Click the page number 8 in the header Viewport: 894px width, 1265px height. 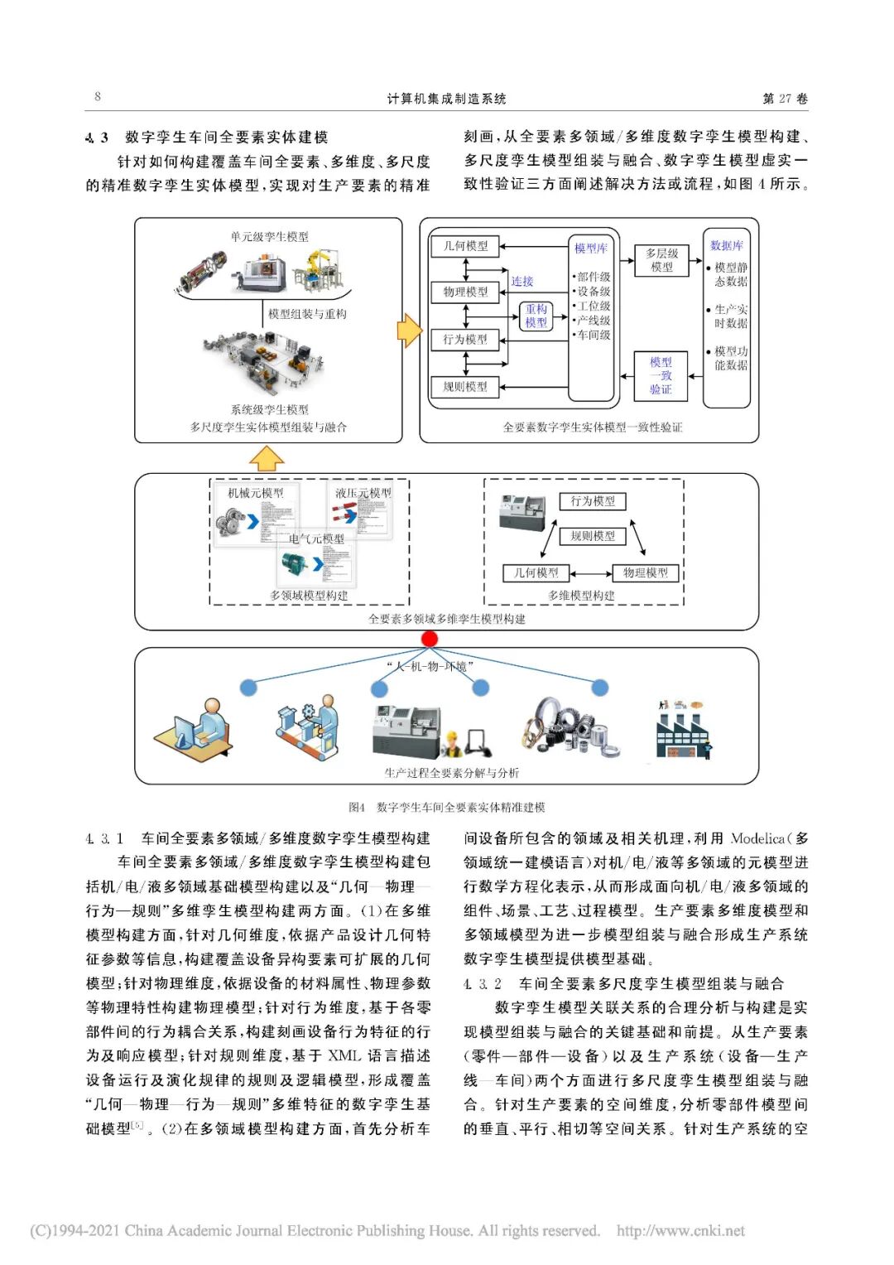pyautogui.click(x=98, y=97)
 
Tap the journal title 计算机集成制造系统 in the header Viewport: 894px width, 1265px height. pyautogui.click(x=446, y=99)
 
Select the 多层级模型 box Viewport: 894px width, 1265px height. pyautogui.click(x=661, y=260)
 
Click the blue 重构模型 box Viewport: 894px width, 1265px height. pyautogui.click(x=536, y=316)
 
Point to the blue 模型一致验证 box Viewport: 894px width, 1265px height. pyautogui.click(x=661, y=375)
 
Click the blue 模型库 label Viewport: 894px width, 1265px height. pyautogui.click(x=591, y=249)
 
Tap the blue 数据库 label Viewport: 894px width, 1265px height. pyautogui.click(x=726, y=246)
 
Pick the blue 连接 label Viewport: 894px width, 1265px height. pyautogui.click(x=522, y=282)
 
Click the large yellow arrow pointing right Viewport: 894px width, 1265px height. pyautogui.click(x=410, y=331)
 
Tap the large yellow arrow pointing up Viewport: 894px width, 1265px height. pyautogui.click(x=267, y=458)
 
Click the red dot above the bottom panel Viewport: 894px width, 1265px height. pyautogui.click(x=429, y=639)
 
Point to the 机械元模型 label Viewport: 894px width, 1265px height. pyautogui.click(x=255, y=493)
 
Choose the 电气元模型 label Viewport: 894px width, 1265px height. pyautogui.click(x=316, y=538)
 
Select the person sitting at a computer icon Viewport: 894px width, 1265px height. pyautogui.click(x=193, y=727)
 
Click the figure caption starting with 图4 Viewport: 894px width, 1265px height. pyautogui.click(x=446, y=807)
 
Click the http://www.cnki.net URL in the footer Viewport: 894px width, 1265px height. pyautogui.click(x=680, y=1231)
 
